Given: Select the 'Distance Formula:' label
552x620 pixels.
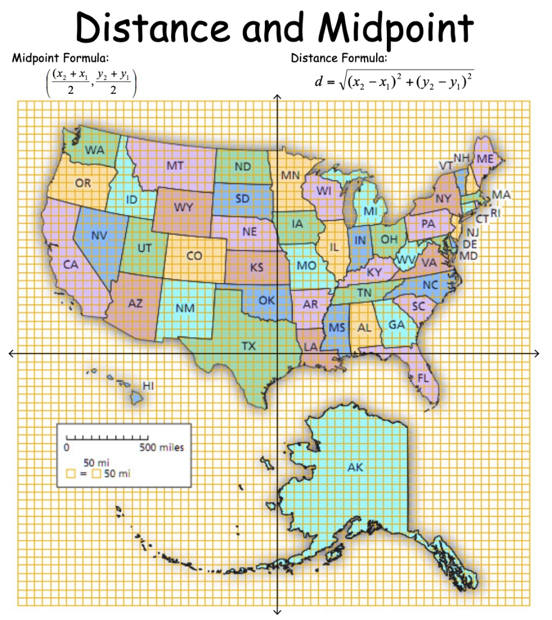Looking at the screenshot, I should (339, 58).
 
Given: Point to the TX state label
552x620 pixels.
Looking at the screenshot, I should (248, 346).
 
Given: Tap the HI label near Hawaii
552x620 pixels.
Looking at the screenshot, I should (149, 385).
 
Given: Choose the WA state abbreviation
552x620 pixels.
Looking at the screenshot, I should (94, 149).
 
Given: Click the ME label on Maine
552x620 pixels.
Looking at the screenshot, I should (485, 159).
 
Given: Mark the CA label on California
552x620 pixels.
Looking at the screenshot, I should (71, 265).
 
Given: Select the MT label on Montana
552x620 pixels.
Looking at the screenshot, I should (175, 165).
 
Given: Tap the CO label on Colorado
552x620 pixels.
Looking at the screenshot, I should (194, 256).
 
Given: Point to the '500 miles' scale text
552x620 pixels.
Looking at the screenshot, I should (161, 448).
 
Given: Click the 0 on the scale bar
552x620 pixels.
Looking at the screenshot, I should (67, 448).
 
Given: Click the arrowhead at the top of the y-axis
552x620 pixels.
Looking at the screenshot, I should (277, 97).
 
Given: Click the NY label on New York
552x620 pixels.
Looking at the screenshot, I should (443, 199).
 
